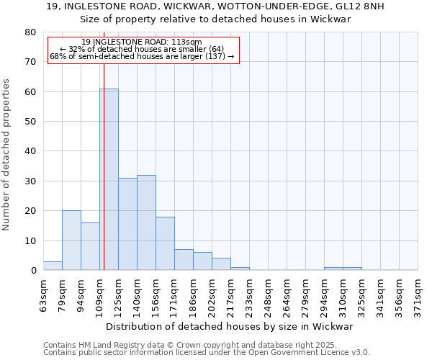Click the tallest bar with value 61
(x=109, y=179)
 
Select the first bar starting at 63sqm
(x=53, y=266)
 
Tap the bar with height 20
(x=71, y=240)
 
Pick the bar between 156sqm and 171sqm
(x=165, y=243)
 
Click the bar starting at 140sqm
(x=146, y=222)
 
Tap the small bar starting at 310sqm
(x=352, y=269)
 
